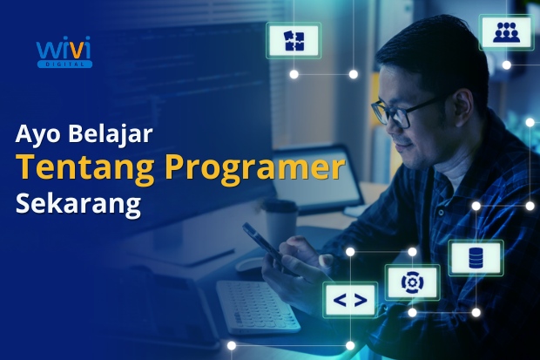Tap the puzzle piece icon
click(294, 40)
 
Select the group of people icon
click(505, 32)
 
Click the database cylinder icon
click(476, 258)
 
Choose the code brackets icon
click(350, 301)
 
